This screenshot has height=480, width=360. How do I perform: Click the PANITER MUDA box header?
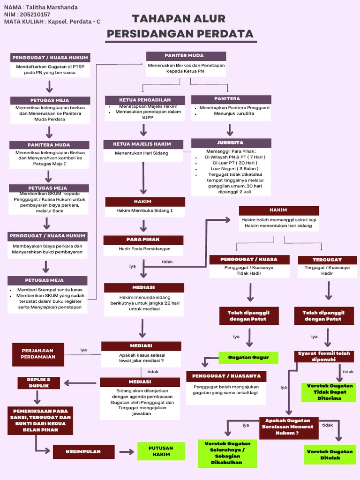pyautogui.click(x=186, y=56)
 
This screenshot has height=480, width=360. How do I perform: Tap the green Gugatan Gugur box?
pyautogui.click(x=248, y=357)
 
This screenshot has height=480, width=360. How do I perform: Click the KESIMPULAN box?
pyautogui.click(x=83, y=452)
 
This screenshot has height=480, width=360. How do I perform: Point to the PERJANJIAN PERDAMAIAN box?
pyautogui.click(x=38, y=353)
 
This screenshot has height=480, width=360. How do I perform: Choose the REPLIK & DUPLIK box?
pyautogui.click(x=39, y=382)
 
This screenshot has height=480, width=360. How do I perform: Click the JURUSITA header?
pyautogui.click(x=230, y=142)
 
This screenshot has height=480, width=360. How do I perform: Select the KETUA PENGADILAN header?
pyautogui.click(x=145, y=100)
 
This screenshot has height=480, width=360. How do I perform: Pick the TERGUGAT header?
pyautogui.click(x=327, y=259)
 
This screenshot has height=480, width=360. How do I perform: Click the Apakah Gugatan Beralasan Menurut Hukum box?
pyautogui.click(x=288, y=427)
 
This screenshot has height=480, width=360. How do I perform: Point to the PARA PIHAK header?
pyautogui.click(x=143, y=240)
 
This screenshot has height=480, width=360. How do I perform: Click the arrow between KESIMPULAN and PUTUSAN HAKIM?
pyautogui.click(x=126, y=452)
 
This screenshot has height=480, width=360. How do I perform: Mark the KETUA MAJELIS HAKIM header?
pyautogui.click(x=142, y=144)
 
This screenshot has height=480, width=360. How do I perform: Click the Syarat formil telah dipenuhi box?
pyautogui.click(x=324, y=356)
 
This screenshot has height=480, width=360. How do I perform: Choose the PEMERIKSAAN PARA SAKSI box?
pyautogui.click(x=40, y=420)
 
